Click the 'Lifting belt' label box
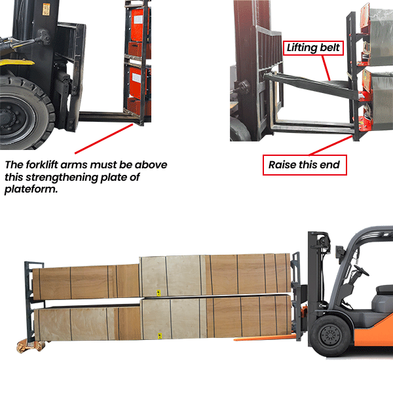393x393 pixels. [x=313, y=48]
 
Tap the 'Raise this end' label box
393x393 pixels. [x=305, y=165]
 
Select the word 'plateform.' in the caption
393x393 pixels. [x=31, y=189]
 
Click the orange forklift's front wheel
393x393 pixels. [x=331, y=336]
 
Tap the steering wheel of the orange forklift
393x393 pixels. [x=361, y=271]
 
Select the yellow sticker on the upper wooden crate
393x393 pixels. [x=159, y=293]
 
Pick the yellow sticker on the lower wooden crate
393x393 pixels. [x=159, y=336]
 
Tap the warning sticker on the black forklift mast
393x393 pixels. [x=46, y=9]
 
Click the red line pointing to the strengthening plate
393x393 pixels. [x=103, y=139]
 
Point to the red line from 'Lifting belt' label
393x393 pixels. [x=326, y=68]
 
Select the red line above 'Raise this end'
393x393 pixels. [x=331, y=145]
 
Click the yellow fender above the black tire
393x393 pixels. [x=16, y=62]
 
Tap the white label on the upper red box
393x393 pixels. [x=138, y=20]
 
